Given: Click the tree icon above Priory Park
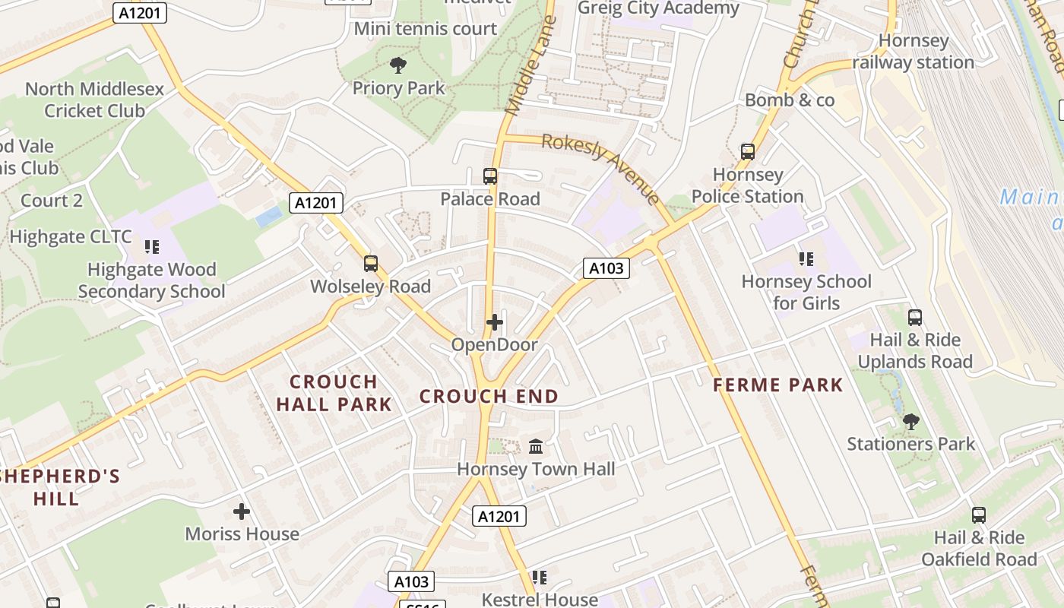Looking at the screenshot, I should (x=397, y=65).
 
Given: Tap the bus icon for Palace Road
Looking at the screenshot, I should (x=490, y=176).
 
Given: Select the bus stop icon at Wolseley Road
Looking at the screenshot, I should (x=371, y=264).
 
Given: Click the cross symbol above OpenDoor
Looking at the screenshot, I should (x=495, y=322).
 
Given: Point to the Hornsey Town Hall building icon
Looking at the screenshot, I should (x=536, y=446).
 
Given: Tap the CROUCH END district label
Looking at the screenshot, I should (x=489, y=396).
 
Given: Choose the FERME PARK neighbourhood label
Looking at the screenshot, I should (x=778, y=385).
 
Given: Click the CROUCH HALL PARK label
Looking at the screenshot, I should (x=334, y=393).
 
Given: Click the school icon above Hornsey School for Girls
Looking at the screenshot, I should (x=806, y=259).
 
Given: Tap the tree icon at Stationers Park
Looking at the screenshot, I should (x=910, y=422).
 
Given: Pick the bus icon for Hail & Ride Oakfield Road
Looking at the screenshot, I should (x=979, y=515).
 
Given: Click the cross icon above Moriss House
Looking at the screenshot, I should (x=242, y=511).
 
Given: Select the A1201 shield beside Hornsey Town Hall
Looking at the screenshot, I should (x=499, y=517).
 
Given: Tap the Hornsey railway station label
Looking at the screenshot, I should (x=913, y=52).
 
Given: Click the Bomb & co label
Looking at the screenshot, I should (x=790, y=100).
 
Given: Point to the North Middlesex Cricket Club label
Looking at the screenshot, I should (x=94, y=100).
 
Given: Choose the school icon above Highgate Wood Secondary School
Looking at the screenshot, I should (x=151, y=247).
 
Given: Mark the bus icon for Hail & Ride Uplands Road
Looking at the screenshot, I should (x=915, y=318).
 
